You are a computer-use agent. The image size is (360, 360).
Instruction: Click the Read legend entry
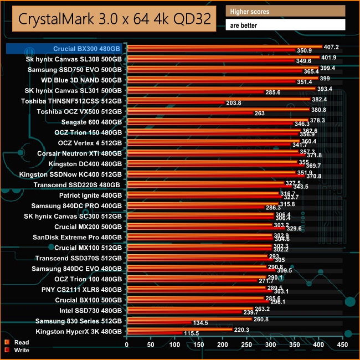click(x=22, y=342)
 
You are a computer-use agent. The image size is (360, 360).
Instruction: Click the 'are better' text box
click(x=285, y=25)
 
